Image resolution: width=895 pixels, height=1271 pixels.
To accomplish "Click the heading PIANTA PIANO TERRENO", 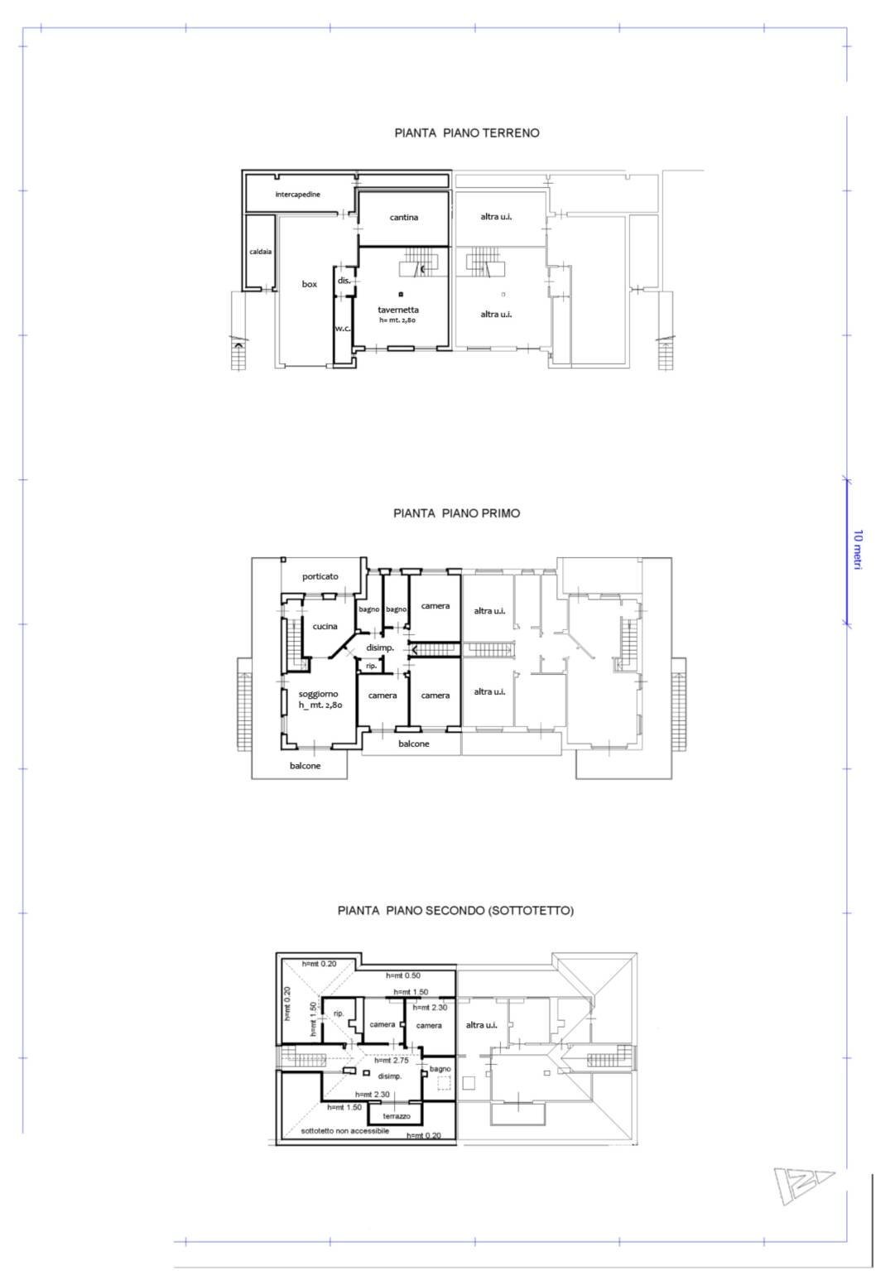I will pyautogui.click(x=466, y=132).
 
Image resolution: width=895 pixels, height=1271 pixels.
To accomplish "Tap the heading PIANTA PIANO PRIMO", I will pyautogui.click(x=456, y=513).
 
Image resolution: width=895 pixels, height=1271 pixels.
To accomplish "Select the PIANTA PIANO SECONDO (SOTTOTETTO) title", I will pyautogui.click(x=455, y=910).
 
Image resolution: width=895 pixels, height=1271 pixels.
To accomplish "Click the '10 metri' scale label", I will pyautogui.click(x=858, y=549).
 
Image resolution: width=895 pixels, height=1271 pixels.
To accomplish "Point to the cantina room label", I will pyautogui.click(x=404, y=218).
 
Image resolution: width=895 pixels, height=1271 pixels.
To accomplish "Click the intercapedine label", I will pyautogui.click(x=297, y=195).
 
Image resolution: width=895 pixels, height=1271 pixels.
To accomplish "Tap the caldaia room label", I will pyautogui.click(x=260, y=252).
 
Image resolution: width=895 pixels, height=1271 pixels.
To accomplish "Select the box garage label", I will pyautogui.click(x=309, y=284).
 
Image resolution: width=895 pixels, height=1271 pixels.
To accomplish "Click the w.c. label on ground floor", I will pyautogui.click(x=343, y=329).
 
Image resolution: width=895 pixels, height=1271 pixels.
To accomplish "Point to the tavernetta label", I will pyautogui.click(x=397, y=310).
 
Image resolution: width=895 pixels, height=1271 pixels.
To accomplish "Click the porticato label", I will pyautogui.click(x=320, y=576).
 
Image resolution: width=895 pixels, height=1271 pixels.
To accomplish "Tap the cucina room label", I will pyautogui.click(x=325, y=627).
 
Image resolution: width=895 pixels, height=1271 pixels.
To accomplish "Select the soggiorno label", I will pyautogui.click(x=318, y=694).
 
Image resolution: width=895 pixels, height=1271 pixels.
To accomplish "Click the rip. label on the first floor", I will pyautogui.click(x=371, y=666).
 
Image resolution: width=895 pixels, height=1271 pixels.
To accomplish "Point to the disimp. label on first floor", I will pyautogui.click(x=380, y=648).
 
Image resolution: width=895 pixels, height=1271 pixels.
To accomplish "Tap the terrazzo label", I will pyautogui.click(x=397, y=1116).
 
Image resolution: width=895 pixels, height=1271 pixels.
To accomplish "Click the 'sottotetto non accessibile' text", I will pyautogui.click(x=344, y=1131).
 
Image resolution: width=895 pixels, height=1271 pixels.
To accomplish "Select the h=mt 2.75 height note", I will pyautogui.click(x=392, y=1061).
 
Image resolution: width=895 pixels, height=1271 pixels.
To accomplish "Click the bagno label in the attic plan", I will pyautogui.click(x=440, y=1069).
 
